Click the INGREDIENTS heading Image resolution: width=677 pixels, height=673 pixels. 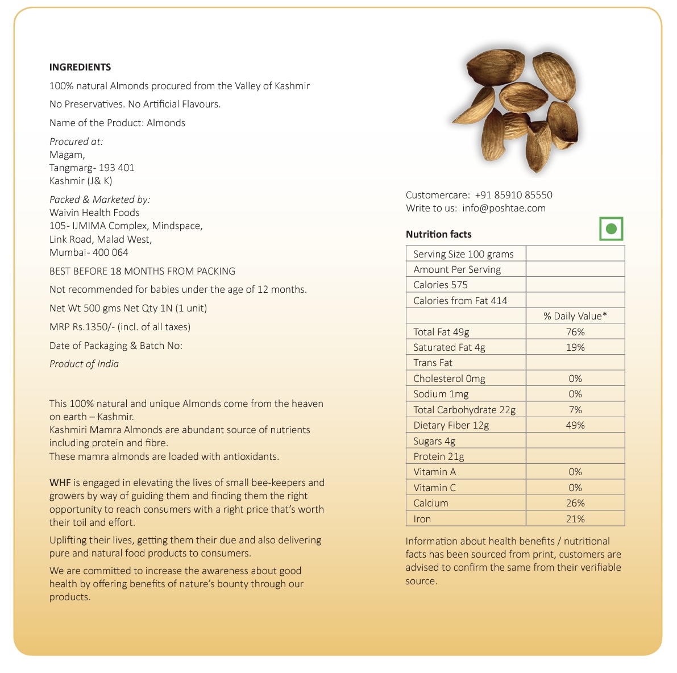(80, 67)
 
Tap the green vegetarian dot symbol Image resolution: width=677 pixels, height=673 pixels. (611, 229)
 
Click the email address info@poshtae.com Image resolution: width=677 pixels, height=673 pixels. (504, 208)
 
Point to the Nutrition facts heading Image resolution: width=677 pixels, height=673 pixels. (438, 234)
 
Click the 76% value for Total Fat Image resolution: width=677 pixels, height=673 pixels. (575, 332)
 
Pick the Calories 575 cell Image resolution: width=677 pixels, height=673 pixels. (441, 285)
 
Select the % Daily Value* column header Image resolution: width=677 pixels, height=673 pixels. (575, 316)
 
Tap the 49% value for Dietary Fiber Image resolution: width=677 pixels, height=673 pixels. (575, 425)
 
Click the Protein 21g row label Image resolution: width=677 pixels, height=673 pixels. (438, 456)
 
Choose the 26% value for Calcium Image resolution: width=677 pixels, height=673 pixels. (575, 503)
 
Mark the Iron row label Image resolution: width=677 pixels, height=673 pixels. (422, 519)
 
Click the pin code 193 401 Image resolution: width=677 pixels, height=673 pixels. (117, 168)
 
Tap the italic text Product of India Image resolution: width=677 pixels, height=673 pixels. (84, 364)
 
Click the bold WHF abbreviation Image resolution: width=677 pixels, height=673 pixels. (60, 483)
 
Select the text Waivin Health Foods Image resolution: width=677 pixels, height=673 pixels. (94, 213)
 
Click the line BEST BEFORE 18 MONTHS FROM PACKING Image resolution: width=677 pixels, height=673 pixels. (142, 271)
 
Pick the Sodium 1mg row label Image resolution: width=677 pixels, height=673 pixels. (441, 394)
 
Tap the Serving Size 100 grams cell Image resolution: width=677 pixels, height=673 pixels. (463, 254)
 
